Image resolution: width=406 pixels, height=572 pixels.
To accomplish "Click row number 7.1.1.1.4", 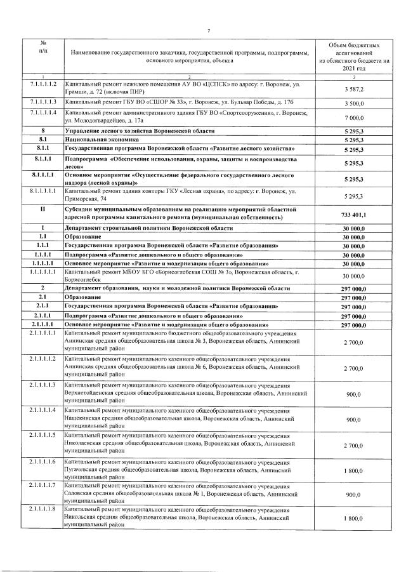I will pyautogui.click(x=43, y=113).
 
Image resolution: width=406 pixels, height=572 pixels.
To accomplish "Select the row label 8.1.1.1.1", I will pyautogui.click(x=43, y=190).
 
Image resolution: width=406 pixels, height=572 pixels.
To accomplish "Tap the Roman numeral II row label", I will pyautogui.click(x=43, y=210).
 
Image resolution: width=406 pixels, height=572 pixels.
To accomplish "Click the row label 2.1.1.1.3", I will pyautogui.click(x=43, y=385).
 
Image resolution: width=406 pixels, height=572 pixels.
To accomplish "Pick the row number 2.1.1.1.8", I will pyautogui.click(x=43, y=510).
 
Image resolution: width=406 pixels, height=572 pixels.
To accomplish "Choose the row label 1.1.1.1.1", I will pyautogui.click(x=43, y=271).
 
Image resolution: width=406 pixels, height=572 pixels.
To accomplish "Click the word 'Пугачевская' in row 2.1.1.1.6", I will pyautogui.click(x=82, y=470).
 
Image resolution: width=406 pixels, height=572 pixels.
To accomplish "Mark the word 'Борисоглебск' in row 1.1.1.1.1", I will pyautogui.click(x=84, y=278).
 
